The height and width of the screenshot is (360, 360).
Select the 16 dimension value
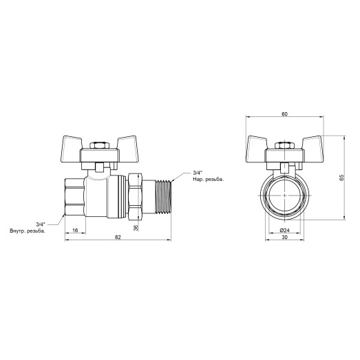click(74, 230)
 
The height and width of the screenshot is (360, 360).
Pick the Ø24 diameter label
click(284, 230)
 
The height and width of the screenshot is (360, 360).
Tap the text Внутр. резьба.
click(27, 231)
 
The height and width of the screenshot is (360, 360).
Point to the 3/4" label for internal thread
click(39, 223)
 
